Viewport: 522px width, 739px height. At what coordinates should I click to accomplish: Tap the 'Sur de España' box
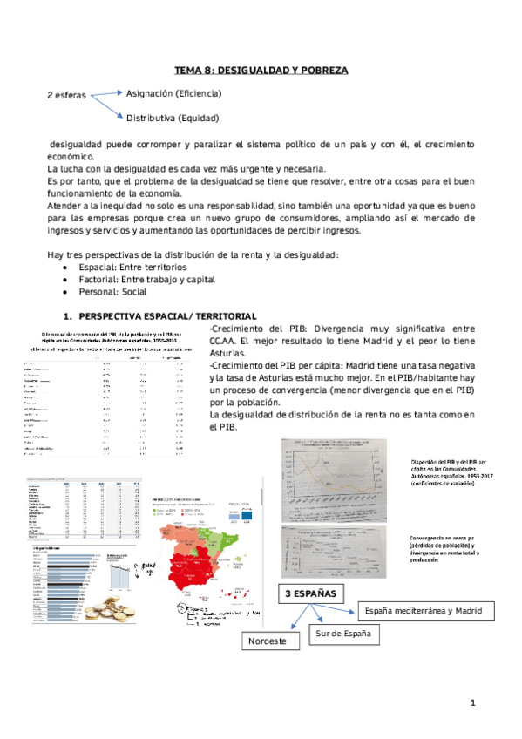(x=347, y=634)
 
